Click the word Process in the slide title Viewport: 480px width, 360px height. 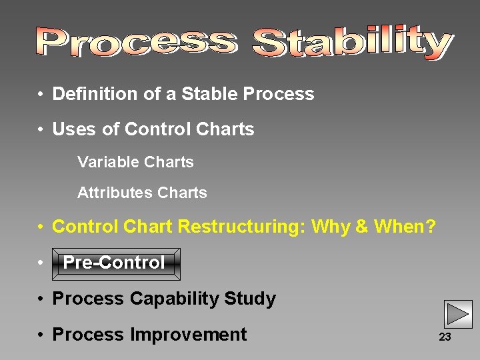click(137, 42)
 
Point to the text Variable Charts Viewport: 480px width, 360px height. click(135, 162)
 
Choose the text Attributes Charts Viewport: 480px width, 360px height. click(142, 193)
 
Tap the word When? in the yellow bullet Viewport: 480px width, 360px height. click(405, 227)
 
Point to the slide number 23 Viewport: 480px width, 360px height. click(445, 337)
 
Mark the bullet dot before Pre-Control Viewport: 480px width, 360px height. click(41, 263)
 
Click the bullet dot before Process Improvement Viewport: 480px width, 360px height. click(41, 335)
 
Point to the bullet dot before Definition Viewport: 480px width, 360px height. click(41, 95)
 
